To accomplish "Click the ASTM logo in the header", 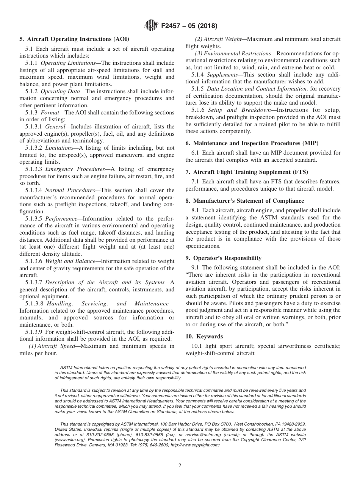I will pyautogui.click(x=151, y=26).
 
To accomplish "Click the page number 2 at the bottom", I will pyautogui.click(x=180, y=466).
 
